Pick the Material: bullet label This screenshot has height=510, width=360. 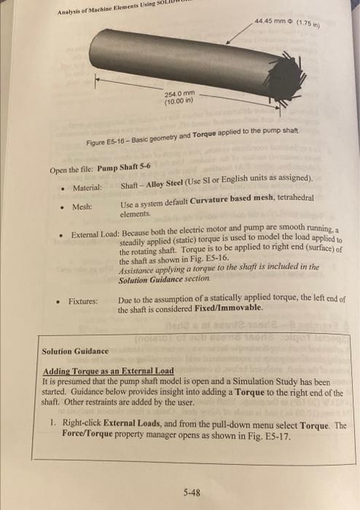[x=87, y=188]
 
